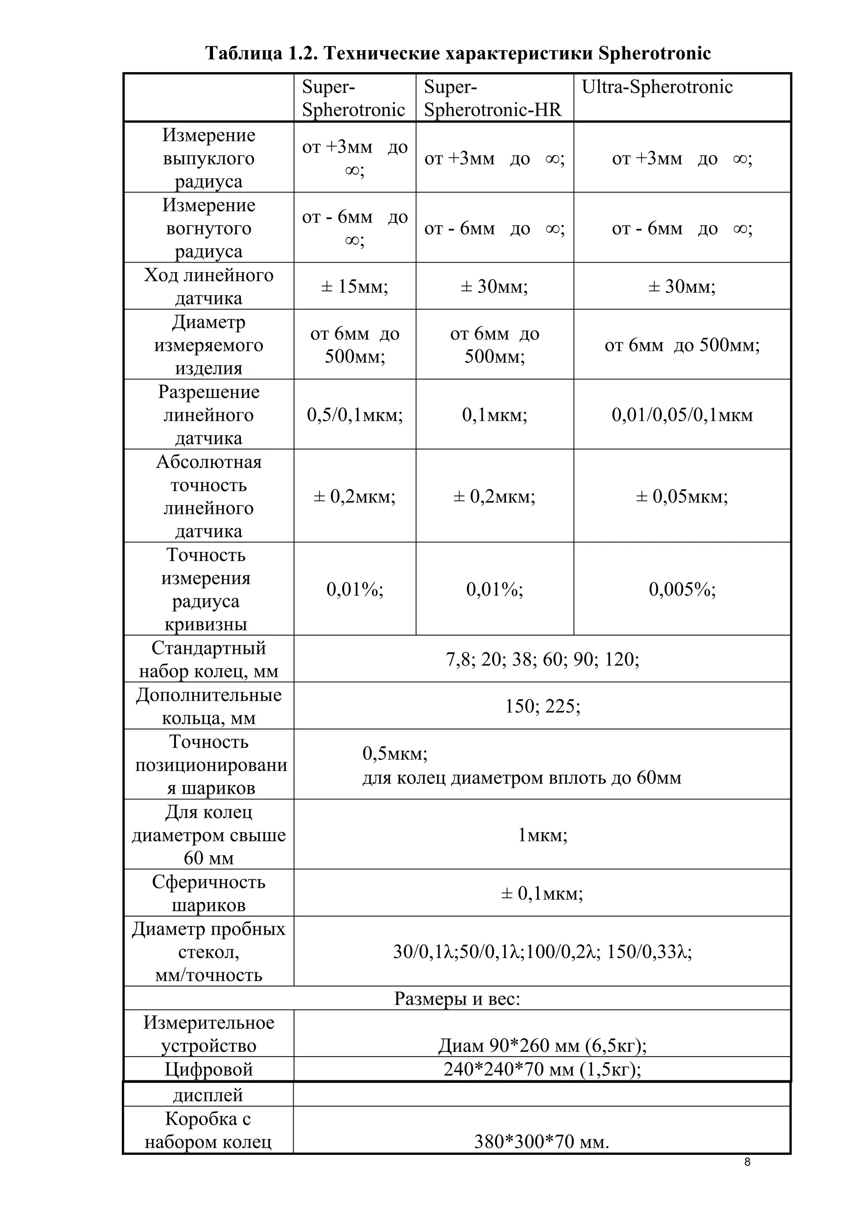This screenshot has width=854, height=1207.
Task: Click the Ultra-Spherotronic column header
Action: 657,87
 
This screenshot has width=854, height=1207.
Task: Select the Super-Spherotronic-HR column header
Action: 493,98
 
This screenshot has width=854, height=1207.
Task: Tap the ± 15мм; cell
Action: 354,286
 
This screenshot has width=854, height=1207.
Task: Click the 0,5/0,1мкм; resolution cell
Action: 355,415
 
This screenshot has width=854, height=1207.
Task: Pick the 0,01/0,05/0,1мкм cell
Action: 682,415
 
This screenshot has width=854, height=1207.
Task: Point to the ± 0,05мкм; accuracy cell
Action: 682,496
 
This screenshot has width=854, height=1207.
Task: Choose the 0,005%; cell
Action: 682,589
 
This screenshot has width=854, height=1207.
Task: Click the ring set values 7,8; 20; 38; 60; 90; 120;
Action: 542,659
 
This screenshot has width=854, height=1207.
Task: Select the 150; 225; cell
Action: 542,706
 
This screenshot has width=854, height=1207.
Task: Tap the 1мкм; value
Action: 542,835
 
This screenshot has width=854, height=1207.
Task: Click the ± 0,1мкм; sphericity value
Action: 542,893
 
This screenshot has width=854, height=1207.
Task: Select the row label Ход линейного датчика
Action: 209,286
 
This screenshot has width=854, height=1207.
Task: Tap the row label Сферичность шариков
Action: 209,893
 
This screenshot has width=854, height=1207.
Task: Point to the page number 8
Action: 747,1162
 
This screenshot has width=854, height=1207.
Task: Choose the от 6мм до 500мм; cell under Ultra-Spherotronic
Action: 682,345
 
